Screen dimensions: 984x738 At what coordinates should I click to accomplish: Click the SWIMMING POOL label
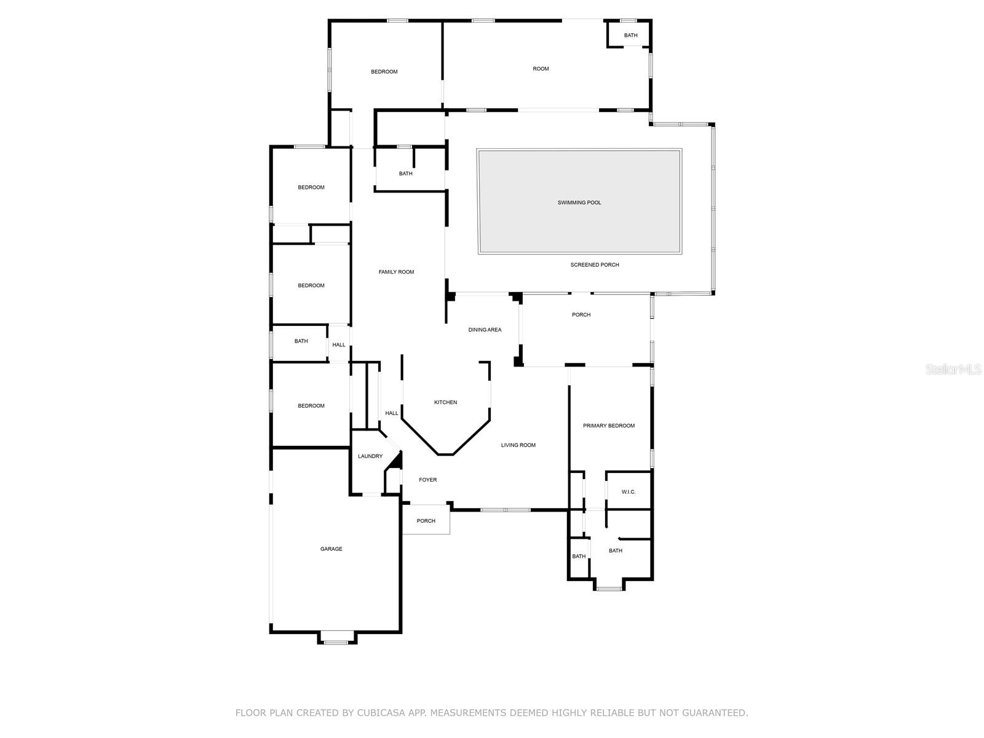579,202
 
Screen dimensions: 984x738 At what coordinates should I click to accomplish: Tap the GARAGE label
331,549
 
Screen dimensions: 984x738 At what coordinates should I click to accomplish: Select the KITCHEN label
446,402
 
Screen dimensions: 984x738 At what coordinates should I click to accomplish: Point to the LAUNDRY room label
370,456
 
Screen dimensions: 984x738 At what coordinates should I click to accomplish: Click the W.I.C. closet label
629,492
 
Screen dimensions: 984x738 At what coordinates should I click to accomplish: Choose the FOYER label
427,480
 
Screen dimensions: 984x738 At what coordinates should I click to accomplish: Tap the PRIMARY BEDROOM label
609,426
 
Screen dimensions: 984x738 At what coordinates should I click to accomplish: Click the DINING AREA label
485,330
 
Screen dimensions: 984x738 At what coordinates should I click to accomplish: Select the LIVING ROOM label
518,445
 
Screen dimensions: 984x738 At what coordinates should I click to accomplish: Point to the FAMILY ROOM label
396,272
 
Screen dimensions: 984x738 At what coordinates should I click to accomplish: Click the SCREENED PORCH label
595,265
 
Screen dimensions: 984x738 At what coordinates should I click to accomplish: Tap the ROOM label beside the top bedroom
541,68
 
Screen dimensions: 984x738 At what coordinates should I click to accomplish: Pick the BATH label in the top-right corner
631,36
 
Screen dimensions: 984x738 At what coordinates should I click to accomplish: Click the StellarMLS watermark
953,369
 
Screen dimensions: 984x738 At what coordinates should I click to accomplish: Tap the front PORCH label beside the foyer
426,521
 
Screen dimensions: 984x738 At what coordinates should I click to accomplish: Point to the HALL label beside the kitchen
392,413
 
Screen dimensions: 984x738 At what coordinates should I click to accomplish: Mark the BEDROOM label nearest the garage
311,406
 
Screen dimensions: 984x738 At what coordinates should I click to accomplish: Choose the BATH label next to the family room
406,173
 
